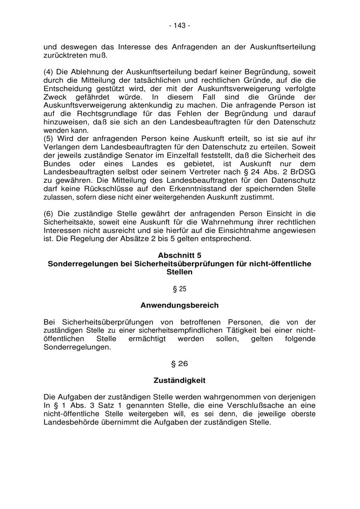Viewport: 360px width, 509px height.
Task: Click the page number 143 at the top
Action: [x=180, y=26]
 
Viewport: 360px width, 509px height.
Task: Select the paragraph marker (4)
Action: [x=48, y=72]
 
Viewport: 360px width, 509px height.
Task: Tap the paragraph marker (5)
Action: [x=48, y=139]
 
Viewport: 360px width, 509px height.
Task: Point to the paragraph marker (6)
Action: [x=48, y=214]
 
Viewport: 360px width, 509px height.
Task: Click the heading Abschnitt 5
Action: [x=180, y=255]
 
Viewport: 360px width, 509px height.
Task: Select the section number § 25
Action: [x=180, y=289]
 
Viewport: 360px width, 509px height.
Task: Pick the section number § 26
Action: [x=180, y=363]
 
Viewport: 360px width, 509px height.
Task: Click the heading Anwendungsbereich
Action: [x=180, y=305]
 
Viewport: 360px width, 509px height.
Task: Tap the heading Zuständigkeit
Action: [x=180, y=380]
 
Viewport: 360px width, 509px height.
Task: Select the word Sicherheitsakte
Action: [x=67, y=222]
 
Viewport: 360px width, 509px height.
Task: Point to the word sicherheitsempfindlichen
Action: [x=177, y=331]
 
